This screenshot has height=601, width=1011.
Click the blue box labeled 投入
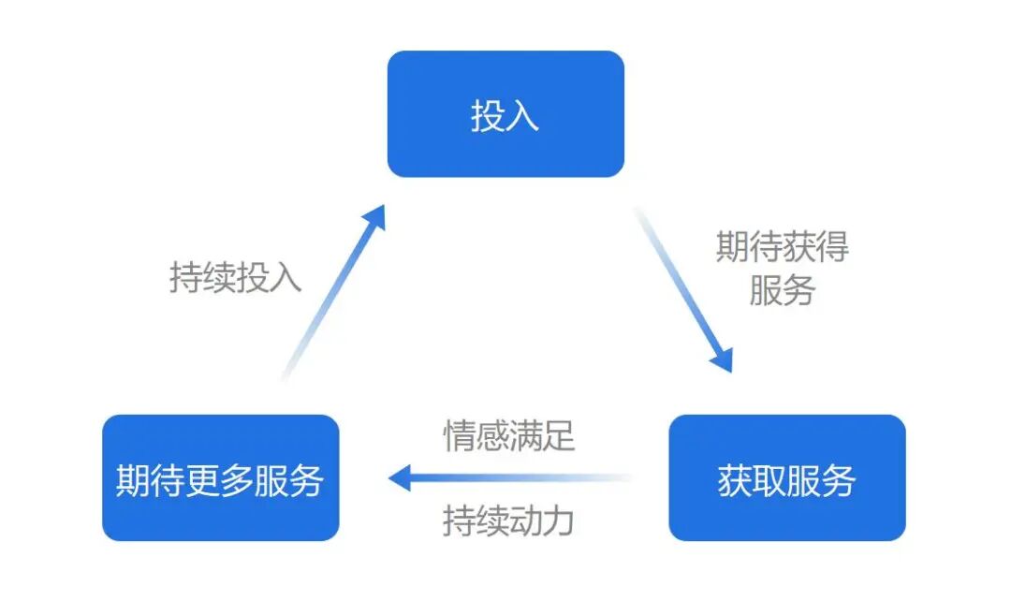click(505, 114)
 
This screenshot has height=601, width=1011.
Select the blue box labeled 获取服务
click(786, 478)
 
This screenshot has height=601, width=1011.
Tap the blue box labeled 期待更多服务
click(220, 478)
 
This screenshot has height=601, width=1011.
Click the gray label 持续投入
click(235, 277)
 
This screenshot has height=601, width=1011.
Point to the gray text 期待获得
click(783, 247)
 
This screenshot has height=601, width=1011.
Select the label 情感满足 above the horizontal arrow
click(508, 436)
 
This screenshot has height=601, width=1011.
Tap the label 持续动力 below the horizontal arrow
click(508, 520)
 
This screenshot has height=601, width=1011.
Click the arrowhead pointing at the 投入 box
click(374, 219)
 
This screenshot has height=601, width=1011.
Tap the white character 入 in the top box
click(523, 115)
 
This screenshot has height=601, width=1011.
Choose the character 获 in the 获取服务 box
click(735, 479)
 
